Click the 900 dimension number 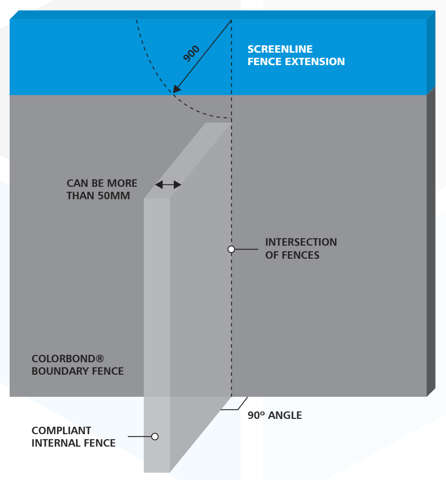(x=192, y=53)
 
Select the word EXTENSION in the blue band (x=315, y=62)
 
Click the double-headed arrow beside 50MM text (x=168, y=185)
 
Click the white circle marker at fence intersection (x=231, y=249)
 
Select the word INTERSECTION (x=301, y=242)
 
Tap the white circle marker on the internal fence (x=155, y=436)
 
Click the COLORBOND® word (x=68, y=359)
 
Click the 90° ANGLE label (x=275, y=415)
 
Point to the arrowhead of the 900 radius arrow (x=177, y=89)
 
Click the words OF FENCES (x=292, y=255)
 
